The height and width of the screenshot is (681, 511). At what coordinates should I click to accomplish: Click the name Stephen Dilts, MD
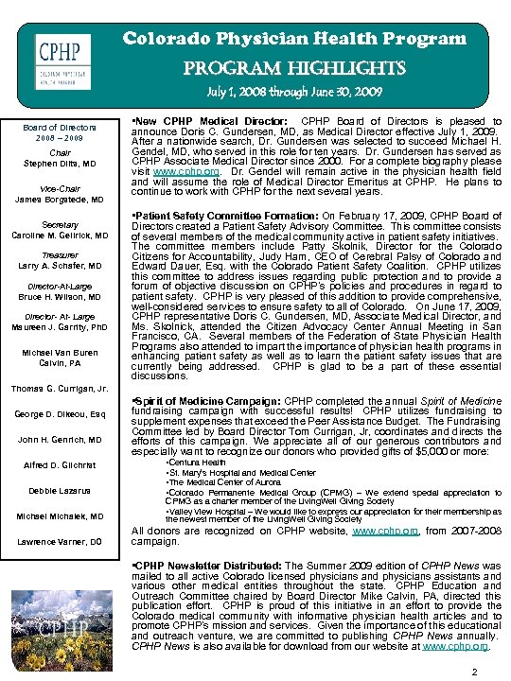coord(60,164)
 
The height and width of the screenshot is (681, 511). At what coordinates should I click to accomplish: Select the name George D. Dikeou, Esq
coord(60,414)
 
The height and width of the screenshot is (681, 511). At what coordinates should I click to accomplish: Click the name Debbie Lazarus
coord(60,491)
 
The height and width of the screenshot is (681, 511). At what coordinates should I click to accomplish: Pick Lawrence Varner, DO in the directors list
coord(60,542)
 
